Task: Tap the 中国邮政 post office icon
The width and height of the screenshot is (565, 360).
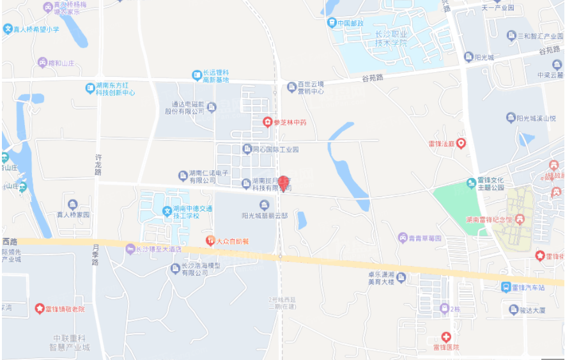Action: pyautogui.click(x=332, y=23)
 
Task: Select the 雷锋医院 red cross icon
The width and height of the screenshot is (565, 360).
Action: pyautogui.click(x=446, y=336)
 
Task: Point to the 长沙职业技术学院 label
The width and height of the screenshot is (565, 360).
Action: pyautogui.click(x=382, y=37)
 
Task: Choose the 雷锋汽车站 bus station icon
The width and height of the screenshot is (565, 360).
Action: pyautogui.click(x=506, y=287)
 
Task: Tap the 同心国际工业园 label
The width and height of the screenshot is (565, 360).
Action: pyautogui.click(x=275, y=150)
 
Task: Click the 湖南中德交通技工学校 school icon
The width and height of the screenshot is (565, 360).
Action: pyautogui.click(x=167, y=210)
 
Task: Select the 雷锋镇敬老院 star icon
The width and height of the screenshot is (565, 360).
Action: pyautogui.click(x=40, y=309)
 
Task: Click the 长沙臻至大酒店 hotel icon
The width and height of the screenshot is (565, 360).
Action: pyautogui.click(x=130, y=249)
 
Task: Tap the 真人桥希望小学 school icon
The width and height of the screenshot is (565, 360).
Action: pyautogui.click(x=8, y=29)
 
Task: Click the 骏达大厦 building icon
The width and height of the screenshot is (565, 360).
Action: pyautogui.click(x=513, y=309)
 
